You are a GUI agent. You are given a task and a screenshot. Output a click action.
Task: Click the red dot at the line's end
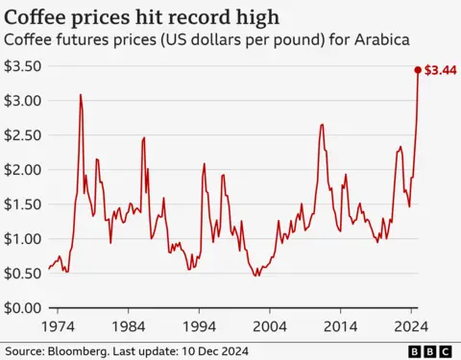pos(418,70)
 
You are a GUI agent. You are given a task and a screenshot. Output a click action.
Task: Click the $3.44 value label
pos(441,70)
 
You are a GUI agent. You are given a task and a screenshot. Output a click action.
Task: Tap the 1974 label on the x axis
pos(58,325)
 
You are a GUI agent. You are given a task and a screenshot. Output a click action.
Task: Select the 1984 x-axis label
pos(128,325)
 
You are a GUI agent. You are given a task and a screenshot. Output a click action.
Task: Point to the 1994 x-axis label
pos(199,325)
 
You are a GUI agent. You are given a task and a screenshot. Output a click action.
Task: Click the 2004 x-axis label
pos(270,325)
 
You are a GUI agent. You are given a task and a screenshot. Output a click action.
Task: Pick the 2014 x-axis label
pos(340,325)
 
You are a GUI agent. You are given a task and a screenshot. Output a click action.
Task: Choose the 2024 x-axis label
pos(411,325)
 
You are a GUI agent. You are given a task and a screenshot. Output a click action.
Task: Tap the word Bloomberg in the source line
pos(75,351)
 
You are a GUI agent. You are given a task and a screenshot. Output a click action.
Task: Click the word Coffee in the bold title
pos(36,16)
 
